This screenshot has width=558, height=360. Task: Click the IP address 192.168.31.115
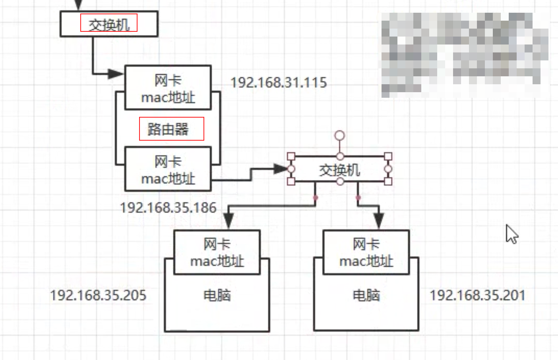coord(279,83)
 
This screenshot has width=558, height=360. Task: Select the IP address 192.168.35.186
coord(168,207)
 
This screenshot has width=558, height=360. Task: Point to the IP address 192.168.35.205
coord(98,295)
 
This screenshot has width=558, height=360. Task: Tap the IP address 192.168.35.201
coord(477,295)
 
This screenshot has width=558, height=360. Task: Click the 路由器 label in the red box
coord(171,129)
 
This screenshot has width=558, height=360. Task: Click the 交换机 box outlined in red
coord(109,24)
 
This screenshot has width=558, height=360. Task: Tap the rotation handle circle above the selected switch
coord(339,135)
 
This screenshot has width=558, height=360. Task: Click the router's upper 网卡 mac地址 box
coord(168,88)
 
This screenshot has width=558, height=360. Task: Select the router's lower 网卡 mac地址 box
coord(168,169)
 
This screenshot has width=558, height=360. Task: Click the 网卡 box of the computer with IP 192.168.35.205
coord(217,252)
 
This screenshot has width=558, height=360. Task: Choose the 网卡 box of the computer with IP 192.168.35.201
coord(366,252)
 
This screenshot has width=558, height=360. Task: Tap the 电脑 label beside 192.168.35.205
coord(217,295)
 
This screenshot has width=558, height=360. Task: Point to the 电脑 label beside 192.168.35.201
coord(366,295)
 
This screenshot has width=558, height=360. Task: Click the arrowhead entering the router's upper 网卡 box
coord(116,74)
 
